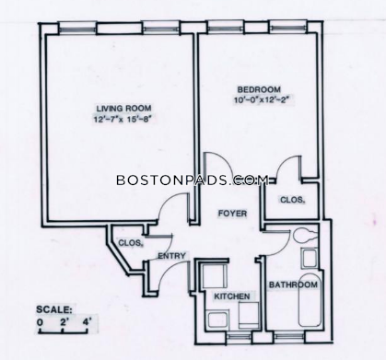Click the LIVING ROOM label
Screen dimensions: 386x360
123,109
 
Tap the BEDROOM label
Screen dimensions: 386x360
259,89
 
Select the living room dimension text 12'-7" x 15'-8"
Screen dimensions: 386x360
123,119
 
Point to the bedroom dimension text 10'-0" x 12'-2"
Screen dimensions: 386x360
261,100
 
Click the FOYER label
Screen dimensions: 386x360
232,214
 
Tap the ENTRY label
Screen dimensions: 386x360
171,256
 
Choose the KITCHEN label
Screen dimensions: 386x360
232,296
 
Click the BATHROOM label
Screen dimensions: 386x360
293,285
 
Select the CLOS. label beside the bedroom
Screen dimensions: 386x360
292,200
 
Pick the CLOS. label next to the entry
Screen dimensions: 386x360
131,243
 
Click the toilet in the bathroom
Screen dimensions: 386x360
304,236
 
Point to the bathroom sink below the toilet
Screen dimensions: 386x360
310,258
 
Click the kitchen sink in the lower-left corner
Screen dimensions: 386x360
217,319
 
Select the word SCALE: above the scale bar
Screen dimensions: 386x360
54,309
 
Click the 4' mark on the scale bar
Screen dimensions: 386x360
88,322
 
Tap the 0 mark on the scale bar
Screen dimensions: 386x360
40,323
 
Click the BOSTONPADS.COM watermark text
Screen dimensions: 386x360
193,180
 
